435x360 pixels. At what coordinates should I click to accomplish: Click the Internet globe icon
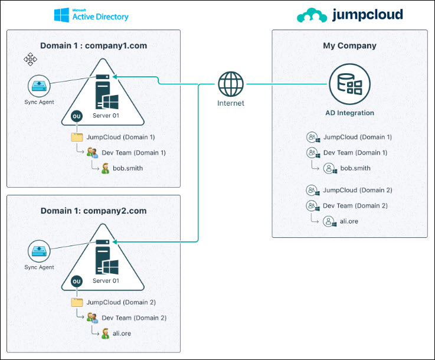coord(230,84)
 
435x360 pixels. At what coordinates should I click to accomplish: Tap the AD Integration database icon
coord(349,84)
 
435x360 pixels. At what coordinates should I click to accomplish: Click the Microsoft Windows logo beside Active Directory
coord(61,15)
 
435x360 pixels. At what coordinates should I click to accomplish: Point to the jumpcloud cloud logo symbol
coord(311,15)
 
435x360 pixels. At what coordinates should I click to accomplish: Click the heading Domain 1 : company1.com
coord(93,45)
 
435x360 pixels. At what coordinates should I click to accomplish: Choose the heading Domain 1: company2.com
coord(93,211)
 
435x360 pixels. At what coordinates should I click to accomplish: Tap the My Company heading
coord(349,45)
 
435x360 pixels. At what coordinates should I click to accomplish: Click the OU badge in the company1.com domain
coord(76,116)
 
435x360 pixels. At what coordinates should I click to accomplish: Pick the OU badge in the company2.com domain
coord(76,282)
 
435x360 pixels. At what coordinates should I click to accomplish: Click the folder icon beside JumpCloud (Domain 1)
coord(77,137)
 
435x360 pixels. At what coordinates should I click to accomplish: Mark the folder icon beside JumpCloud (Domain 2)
coord(77,302)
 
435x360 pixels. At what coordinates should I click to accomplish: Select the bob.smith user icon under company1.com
coord(105,168)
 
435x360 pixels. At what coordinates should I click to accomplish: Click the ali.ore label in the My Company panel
coord(349,221)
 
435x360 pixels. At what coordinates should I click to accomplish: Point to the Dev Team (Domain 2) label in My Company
coord(355,205)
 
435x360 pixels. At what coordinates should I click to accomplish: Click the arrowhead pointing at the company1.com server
coord(115,76)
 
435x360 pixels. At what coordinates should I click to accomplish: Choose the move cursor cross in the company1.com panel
coord(31,59)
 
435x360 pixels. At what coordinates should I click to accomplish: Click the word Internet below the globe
coord(230,103)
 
